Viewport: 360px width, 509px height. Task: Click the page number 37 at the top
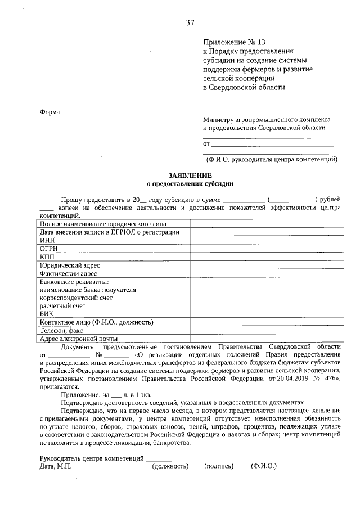click(x=190, y=23)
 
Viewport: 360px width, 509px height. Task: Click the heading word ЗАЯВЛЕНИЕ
click(x=190, y=175)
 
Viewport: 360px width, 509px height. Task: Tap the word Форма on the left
click(x=49, y=112)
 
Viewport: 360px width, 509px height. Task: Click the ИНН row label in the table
click(x=47, y=240)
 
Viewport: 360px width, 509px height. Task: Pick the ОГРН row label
click(x=49, y=248)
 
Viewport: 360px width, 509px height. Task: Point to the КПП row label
click(x=47, y=256)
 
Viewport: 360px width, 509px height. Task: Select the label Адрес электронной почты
click(x=79, y=339)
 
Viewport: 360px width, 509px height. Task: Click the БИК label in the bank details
click(x=47, y=313)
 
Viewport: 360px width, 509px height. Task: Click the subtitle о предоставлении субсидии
click(x=190, y=183)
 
